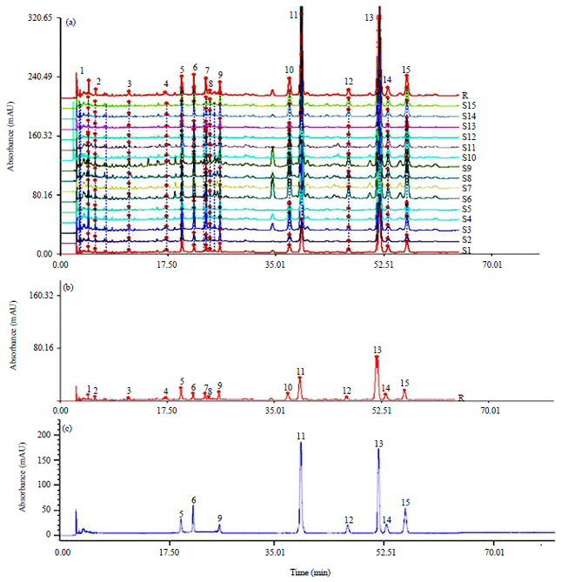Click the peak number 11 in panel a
(x=294, y=15)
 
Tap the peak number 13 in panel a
(x=370, y=17)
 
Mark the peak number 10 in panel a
(x=289, y=70)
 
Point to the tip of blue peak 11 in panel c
(x=301, y=443)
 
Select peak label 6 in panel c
(x=193, y=500)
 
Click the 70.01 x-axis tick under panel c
(x=493, y=552)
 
